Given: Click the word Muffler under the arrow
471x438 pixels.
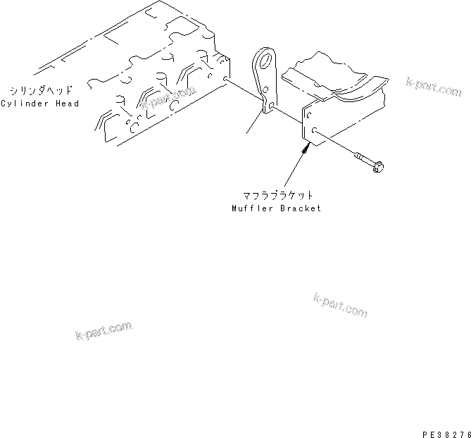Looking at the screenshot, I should coord(248,208).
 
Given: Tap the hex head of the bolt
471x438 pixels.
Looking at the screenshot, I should coord(379,167).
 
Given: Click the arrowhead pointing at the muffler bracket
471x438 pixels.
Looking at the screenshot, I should coord(307,146).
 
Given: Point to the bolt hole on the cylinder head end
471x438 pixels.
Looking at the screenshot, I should coord(224,80).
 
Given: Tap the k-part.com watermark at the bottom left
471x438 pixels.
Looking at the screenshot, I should coord(103,330).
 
